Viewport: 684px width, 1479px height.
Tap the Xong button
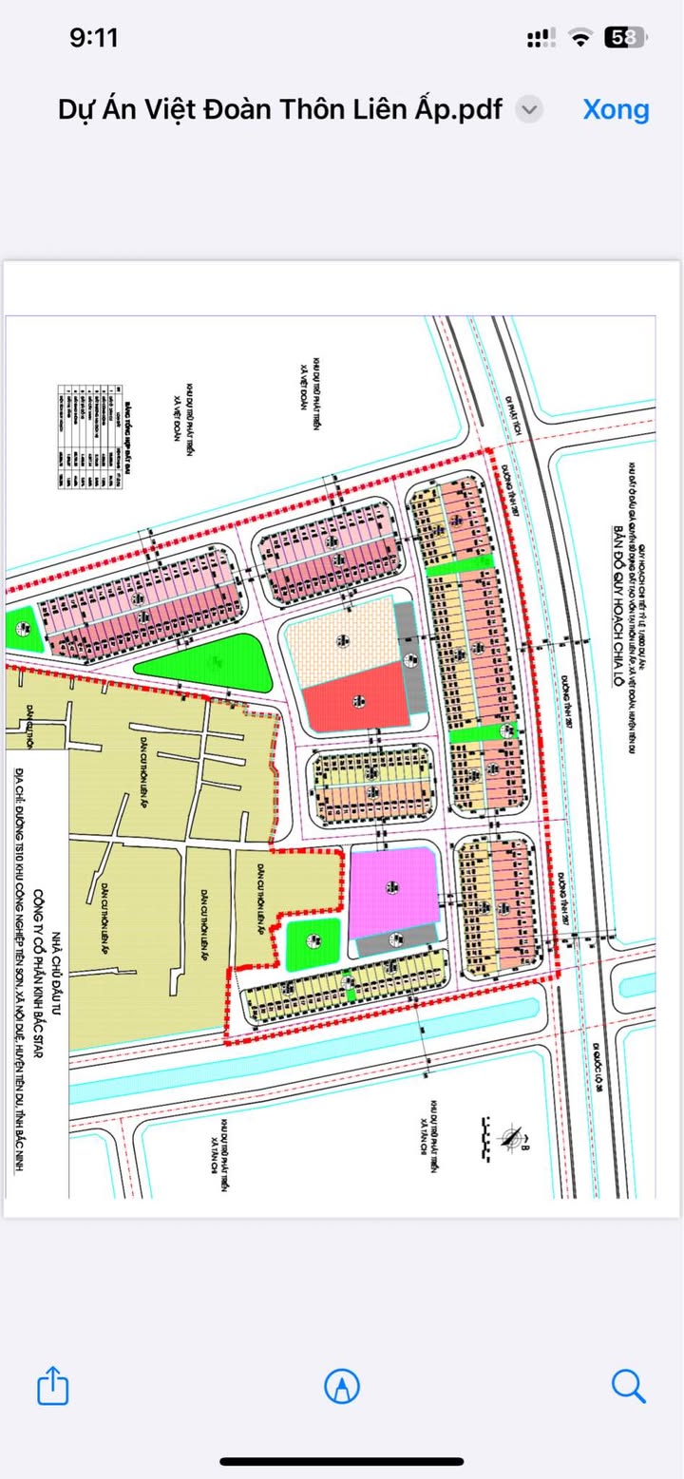[x=616, y=109]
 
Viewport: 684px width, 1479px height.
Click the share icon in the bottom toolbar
[x=53, y=1386]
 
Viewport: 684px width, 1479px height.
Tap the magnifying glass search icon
[x=628, y=1386]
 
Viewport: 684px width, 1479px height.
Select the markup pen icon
[x=342, y=1386]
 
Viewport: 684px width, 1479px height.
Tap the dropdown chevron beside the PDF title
[x=529, y=109]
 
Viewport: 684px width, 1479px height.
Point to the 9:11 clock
[x=93, y=37]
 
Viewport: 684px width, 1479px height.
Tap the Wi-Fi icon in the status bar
[x=579, y=37]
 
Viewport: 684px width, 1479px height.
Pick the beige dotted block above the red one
[x=339, y=639]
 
